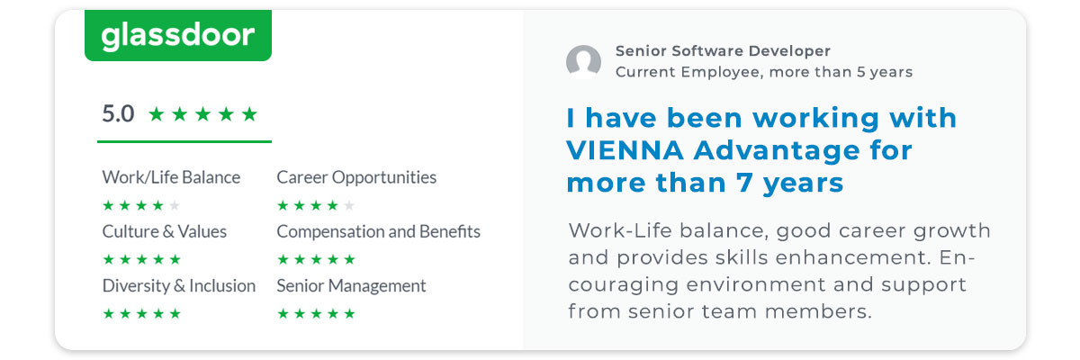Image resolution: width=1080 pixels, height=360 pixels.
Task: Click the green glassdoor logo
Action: coord(178,35)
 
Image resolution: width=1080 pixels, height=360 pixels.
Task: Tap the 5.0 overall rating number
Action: coord(118,114)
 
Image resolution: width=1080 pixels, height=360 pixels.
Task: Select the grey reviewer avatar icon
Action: coord(583,62)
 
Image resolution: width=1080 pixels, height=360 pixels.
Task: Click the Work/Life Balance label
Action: coord(171,177)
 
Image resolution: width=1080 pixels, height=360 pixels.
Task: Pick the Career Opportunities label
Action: coord(356,177)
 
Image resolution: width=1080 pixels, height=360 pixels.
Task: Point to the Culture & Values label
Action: coord(165,232)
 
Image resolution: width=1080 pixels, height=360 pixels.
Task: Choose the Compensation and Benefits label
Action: coord(379,232)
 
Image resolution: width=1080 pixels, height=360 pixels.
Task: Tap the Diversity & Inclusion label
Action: coord(179,286)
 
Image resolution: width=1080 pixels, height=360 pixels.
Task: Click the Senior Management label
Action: coord(351,286)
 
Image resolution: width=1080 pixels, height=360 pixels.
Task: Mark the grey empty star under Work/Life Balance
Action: coord(175,206)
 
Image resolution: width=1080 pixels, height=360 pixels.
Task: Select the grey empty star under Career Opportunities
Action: coord(349,206)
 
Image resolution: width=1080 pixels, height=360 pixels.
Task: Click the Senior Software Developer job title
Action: coord(723,50)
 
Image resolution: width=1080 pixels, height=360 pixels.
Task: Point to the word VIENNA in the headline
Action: coord(625,150)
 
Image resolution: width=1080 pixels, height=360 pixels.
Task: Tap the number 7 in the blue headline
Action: coord(744,183)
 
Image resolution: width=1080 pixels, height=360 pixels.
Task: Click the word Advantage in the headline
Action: coord(776,151)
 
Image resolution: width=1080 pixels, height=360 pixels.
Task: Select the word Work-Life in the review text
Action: coord(620,230)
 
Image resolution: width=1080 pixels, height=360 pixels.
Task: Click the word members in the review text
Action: coord(819,311)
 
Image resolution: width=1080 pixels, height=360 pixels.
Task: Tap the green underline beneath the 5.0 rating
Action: coord(184,141)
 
